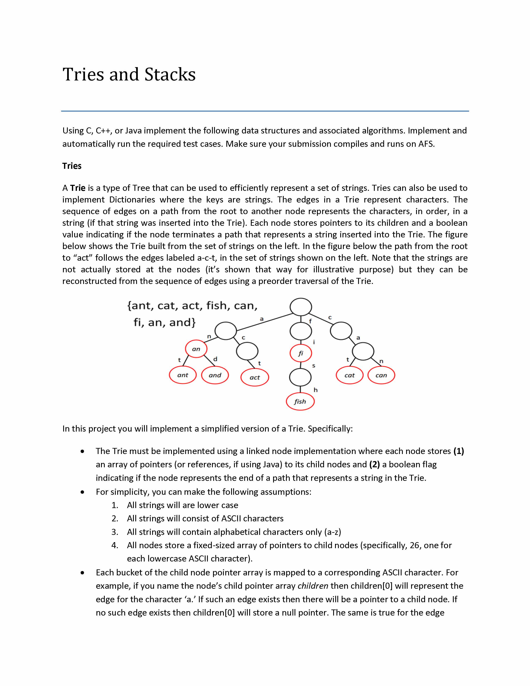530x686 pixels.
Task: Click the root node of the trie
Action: [x=301, y=307]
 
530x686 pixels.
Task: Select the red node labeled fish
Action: [x=300, y=401]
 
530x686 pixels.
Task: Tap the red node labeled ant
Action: [x=183, y=375]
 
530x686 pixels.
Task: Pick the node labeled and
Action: [x=215, y=375]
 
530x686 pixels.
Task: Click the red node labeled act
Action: [x=255, y=377]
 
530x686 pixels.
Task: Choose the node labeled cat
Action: [x=349, y=375]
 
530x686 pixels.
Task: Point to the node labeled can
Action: [x=381, y=375]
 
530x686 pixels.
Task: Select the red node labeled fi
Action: [x=301, y=353]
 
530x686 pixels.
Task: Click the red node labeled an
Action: [x=196, y=349]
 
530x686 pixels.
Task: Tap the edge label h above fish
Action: [x=316, y=390]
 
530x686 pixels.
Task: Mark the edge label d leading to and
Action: [x=215, y=359]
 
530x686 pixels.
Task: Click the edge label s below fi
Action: [x=314, y=366]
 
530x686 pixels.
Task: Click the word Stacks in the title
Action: [x=170, y=75]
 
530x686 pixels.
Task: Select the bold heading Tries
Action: [x=72, y=166]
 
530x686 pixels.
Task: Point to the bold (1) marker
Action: [x=459, y=451]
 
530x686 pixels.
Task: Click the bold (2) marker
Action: [x=374, y=464]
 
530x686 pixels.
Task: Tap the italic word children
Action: [x=313, y=586]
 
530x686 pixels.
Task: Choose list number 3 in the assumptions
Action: [x=115, y=532]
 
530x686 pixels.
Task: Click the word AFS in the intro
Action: [x=426, y=144]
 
